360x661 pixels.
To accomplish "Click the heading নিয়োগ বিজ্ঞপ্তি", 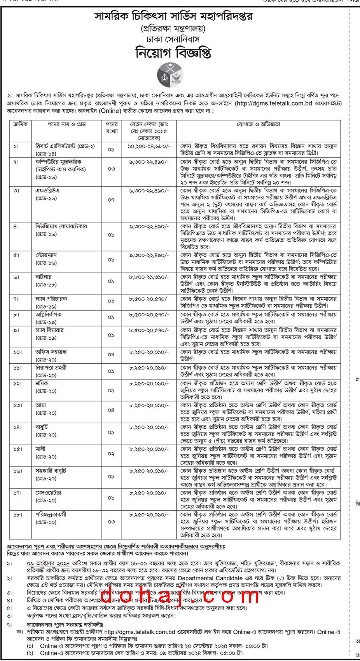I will coord(173,52).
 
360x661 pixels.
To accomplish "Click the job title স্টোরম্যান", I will coord(46,255).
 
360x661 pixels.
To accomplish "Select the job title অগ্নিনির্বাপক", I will coord(49,314).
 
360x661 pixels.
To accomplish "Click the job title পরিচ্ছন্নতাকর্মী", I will coord(51,514).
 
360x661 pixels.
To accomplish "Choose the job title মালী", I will coord(40,449).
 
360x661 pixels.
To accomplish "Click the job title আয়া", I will coord(41,405).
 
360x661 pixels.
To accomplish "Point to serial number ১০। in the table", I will coord(17,352).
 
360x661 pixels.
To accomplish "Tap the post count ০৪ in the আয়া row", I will coord(111,410).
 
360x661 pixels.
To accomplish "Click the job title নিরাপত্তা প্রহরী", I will coord(51,368).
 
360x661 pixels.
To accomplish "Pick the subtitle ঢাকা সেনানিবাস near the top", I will coord(173,39).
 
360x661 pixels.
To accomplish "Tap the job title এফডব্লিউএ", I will coord(47,191).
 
